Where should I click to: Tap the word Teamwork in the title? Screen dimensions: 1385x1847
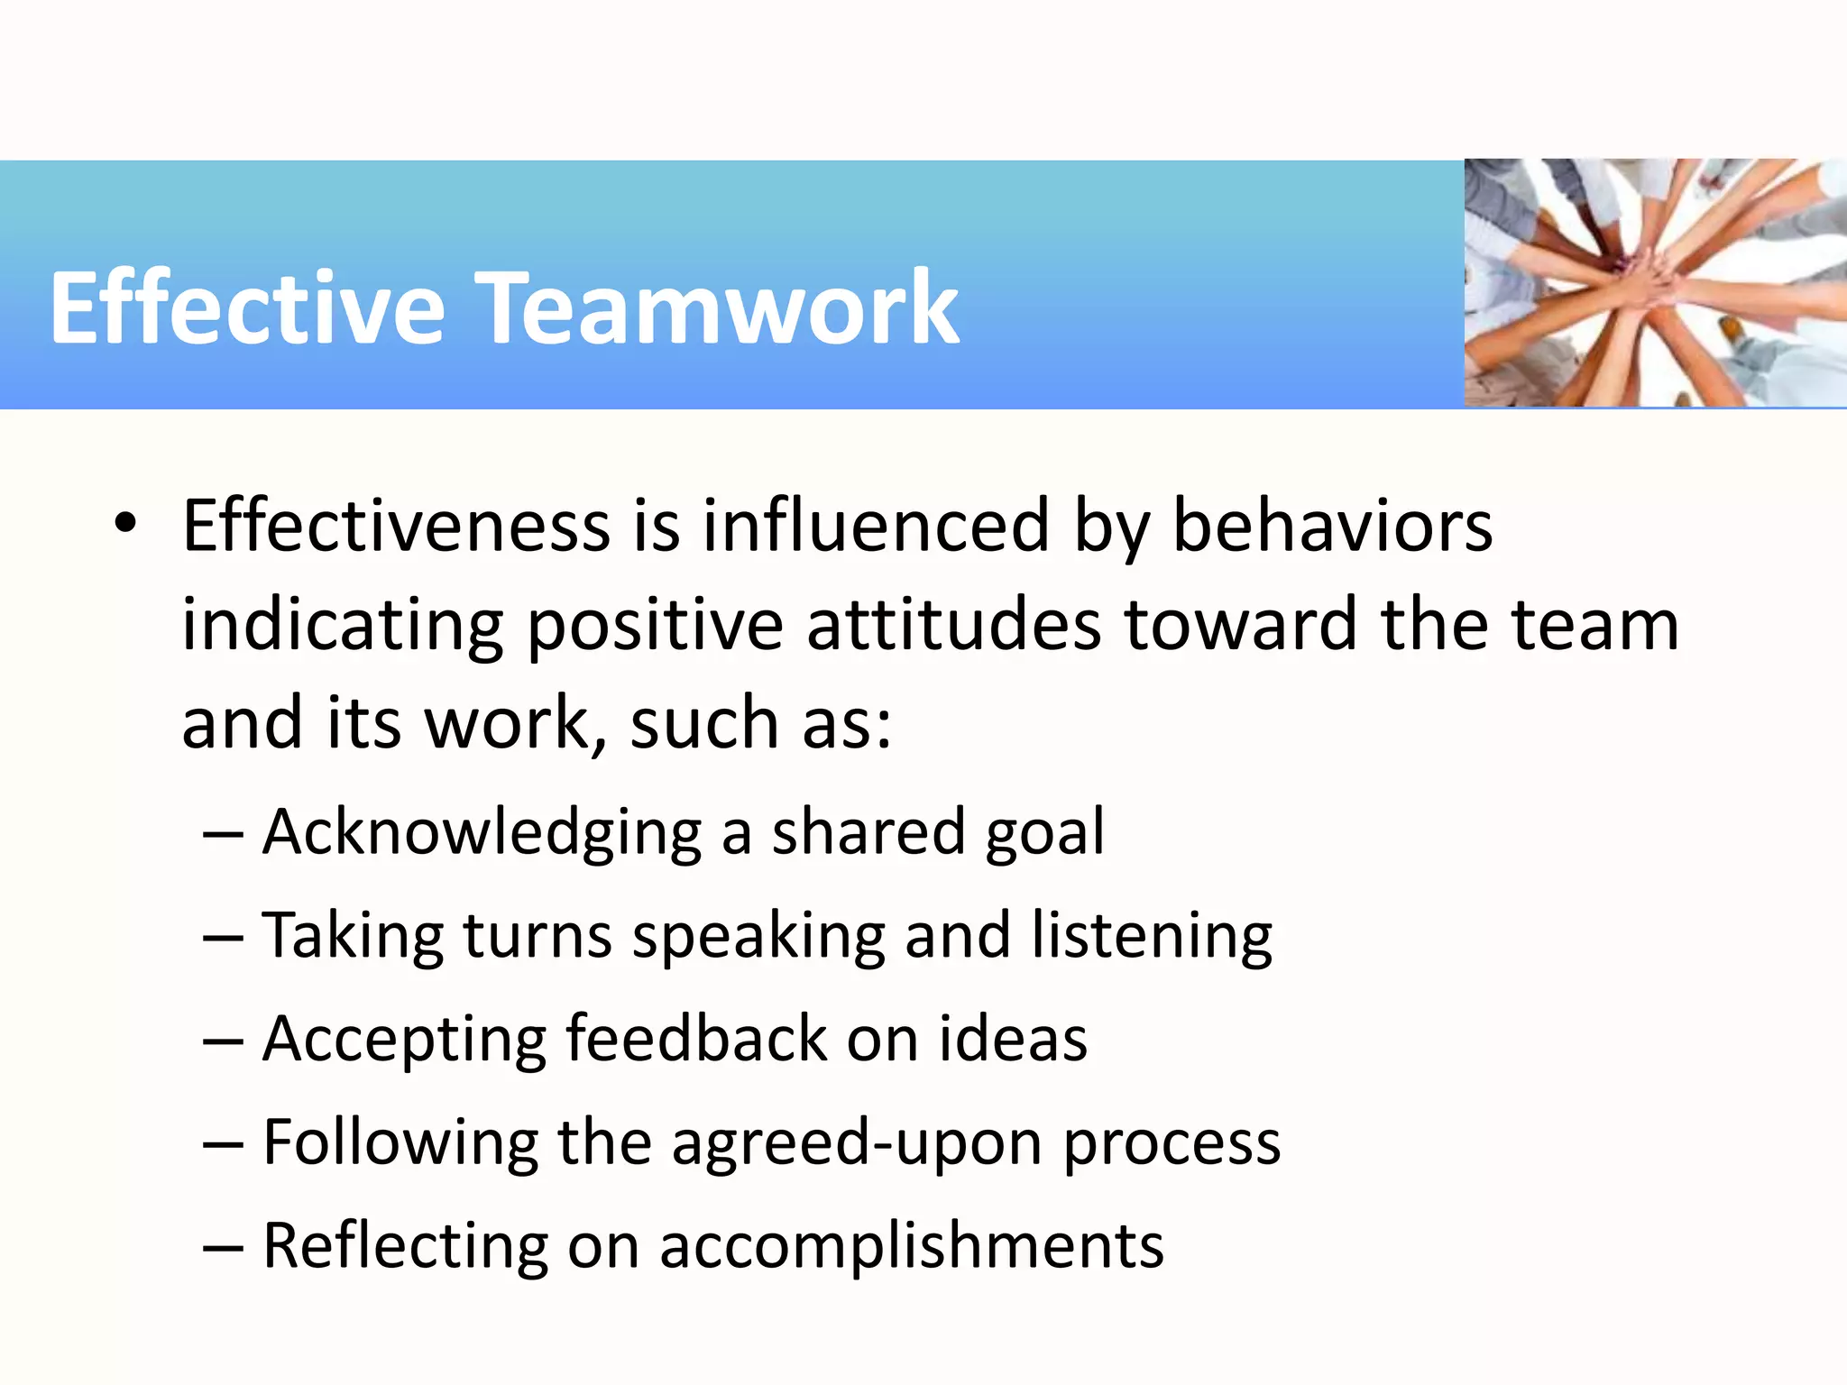click(716, 308)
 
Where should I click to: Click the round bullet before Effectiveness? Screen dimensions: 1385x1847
click(125, 523)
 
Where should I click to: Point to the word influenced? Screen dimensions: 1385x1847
click(876, 526)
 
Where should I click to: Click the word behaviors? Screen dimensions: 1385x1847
click(1332, 526)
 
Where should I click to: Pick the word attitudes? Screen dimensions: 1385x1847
click(953, 624)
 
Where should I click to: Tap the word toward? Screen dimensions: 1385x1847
click(1240, 624)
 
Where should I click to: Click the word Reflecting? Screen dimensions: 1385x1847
click(405, 1246)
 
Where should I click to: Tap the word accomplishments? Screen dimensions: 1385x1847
click(911, 1246)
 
